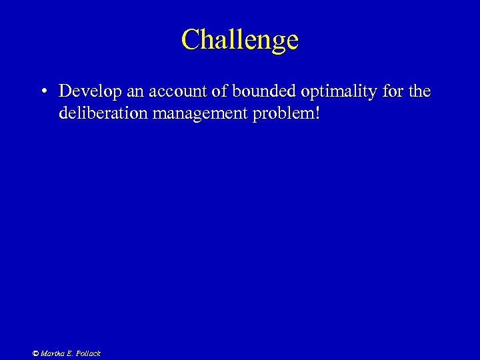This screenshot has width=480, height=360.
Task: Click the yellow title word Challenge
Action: [x=240, y=40]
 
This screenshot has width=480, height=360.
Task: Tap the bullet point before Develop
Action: [x=42, y=91]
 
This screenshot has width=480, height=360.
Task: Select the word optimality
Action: [x=319, y=91]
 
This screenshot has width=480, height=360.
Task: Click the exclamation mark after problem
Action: [x=318, y=113]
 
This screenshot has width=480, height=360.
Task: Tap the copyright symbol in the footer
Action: [x=36, y=353]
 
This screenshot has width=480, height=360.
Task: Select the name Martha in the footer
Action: [x=52, y=353]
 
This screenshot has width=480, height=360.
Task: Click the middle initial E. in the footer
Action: [x=69, y=353]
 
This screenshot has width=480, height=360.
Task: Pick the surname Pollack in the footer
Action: [x=87, y=353]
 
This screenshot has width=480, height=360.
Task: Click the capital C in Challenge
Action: [x=191, y=40]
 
